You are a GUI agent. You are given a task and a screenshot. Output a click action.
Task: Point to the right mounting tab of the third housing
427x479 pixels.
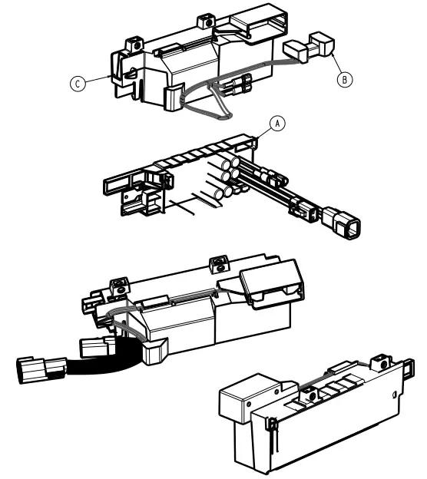click(x=217, y=266)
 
